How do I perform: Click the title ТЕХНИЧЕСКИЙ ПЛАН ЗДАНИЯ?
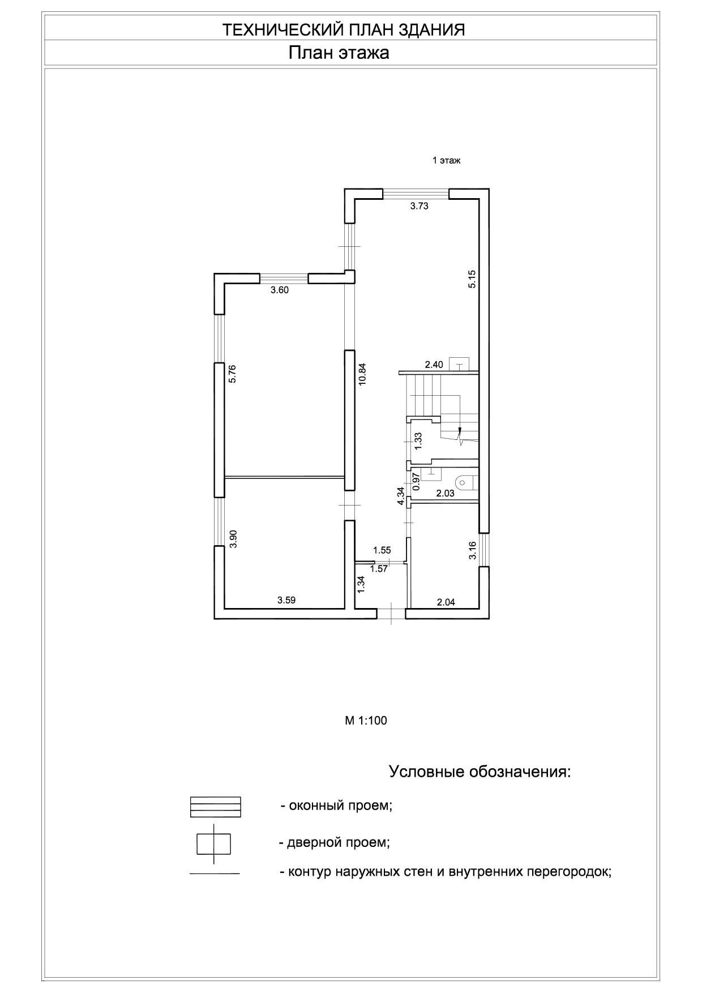[x=344, y=30]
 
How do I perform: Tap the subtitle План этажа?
[x=339, y=53]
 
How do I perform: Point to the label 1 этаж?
[x=447, y=161]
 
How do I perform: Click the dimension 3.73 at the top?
[x=419, y=206]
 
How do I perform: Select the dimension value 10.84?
[x=363, y=374]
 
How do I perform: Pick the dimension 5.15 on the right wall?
[x=472, y=279]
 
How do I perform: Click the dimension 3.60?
[x=280, y=290]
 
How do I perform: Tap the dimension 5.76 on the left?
[x=232, y=374]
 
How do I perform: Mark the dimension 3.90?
[x=232, y=538]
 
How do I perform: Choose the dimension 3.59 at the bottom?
[x=286, y=600]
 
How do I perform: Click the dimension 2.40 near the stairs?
[x=434, y=365]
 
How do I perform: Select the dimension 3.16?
[x=473, y=550]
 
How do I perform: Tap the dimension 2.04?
[x=446, y=602]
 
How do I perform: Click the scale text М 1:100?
[x=366, y=721]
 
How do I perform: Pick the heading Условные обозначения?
[x=480, y=772]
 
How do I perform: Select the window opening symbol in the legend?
[x=216, y=807]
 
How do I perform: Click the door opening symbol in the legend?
[x=213, y=844]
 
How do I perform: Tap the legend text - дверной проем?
[x=334, y=842]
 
